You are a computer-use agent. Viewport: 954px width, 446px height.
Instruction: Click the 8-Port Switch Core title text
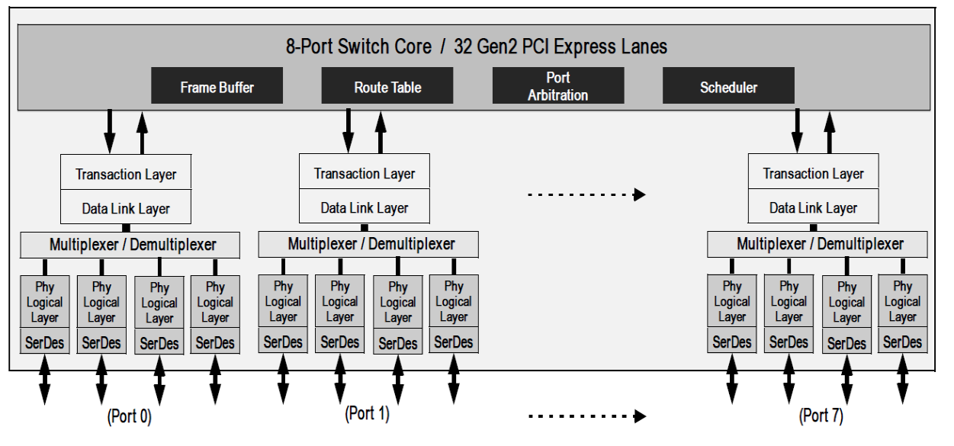coord(473,47)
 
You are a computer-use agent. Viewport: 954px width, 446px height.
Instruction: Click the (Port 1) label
coord(366,416)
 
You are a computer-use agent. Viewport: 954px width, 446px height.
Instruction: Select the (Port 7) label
coord(821,417)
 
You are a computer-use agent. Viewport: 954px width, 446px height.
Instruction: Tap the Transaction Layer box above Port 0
coord(126,175)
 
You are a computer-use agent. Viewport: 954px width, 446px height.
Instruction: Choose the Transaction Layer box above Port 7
coord(814,174)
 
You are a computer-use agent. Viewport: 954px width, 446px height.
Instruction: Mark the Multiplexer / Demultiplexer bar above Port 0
coord(128,245)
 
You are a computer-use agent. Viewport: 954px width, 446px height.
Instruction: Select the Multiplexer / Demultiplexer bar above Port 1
coord(368,245)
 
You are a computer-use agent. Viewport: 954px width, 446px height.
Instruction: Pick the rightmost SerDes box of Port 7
coord(902,342)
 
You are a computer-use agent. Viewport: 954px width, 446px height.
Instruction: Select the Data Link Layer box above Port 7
coord(814,207)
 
